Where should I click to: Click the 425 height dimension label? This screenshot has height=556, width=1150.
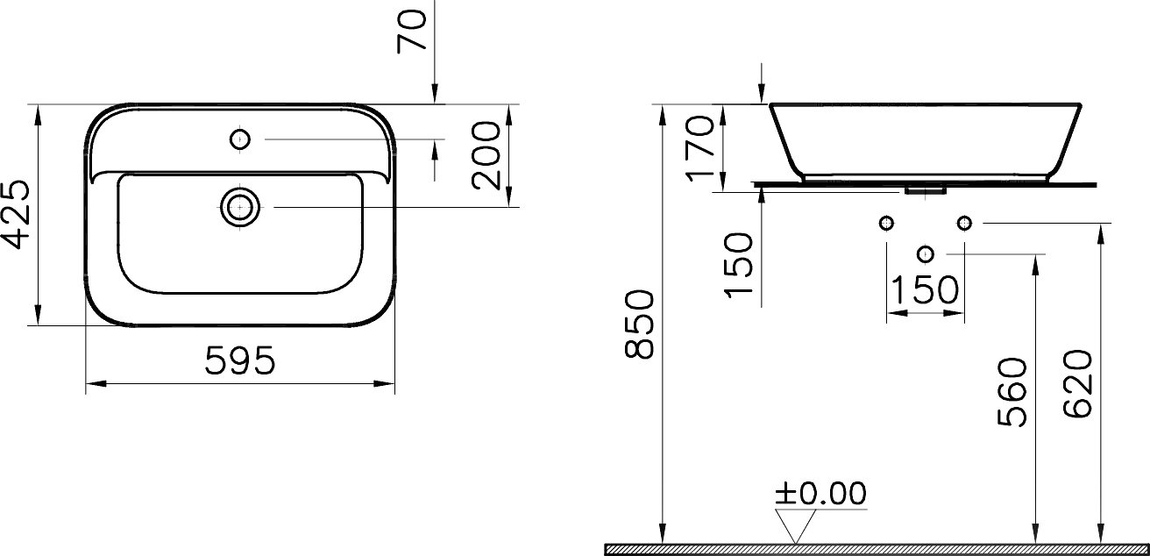16,214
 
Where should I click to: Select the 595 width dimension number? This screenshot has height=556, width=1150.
240,360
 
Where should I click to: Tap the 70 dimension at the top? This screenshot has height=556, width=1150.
412,31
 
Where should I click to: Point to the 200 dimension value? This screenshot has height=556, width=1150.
486,155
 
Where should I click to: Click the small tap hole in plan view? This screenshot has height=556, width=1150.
240,139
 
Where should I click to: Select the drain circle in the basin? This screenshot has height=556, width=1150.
240,208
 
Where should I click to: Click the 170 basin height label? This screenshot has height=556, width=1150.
699,148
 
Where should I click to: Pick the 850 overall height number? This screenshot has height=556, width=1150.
639,324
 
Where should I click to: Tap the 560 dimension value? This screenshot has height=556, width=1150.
1012,392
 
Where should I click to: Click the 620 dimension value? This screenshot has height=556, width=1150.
1077,384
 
